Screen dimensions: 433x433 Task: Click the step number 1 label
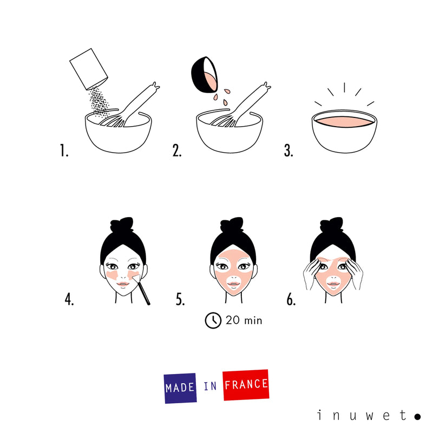point(64,151)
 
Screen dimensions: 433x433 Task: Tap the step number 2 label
point(177,151)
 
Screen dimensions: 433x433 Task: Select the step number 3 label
point(288,151)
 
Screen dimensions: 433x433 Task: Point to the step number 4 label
point(69,300)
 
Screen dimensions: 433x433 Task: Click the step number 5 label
point(180,300)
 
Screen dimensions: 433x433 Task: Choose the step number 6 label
point(291,300)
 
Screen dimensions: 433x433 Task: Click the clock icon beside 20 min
point(213,320)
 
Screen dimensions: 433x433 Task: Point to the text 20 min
point(244,320)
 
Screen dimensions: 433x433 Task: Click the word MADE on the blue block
point(181,388)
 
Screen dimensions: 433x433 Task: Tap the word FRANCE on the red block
point(246,384)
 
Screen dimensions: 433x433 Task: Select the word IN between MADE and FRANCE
point(210,386)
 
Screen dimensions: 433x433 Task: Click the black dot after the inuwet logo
point(417,416)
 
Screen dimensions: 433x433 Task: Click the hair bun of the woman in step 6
point(333,227)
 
